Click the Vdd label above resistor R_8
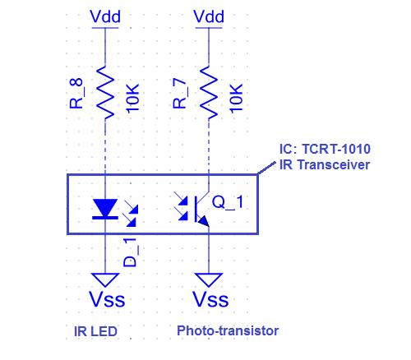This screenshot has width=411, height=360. [105, 16]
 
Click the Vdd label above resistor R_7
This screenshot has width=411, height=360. [209, 16]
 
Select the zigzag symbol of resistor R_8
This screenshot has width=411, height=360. [105, 93]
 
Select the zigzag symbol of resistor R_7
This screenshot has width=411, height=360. [209, 93]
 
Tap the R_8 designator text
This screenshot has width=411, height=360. [76, 93]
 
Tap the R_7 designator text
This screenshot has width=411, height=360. [180, 93]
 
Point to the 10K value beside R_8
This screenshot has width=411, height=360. [132, 98]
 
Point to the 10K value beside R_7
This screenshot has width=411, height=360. [236, 98]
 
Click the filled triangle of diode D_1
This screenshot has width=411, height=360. [105, 207]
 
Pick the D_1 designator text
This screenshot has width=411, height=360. [130, 252]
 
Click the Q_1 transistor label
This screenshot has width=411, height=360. [228, 202]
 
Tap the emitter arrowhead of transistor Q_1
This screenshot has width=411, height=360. [203, 221]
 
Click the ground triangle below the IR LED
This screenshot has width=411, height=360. [105, 279]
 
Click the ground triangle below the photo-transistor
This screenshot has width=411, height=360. [209, 279]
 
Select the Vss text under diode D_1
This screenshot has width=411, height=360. [107, 299]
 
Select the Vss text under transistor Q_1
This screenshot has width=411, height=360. [210, 299]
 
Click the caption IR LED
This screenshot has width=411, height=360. [95, 331]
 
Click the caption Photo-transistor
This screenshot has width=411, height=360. [228, 330]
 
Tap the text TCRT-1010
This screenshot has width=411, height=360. [336, 149]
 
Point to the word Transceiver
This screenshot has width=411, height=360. [334, 164]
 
